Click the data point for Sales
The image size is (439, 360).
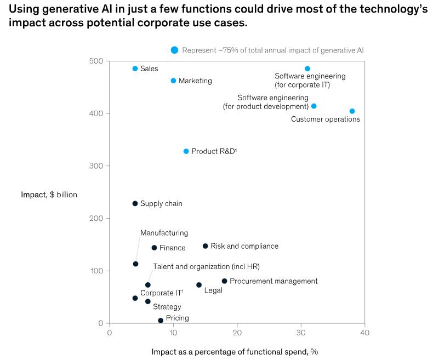coord(135,68)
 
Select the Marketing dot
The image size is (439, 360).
coord(174,81)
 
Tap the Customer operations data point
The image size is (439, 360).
coord(352,111)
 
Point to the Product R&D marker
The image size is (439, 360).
coord(186,151)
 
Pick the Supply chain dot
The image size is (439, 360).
coord(135,203)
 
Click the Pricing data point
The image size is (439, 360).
coord(161,321)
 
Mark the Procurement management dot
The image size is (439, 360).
coord(224,281)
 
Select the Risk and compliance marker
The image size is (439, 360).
coord(206,246)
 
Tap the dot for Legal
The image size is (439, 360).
coord(199,285)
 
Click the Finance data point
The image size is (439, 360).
coord(155,248)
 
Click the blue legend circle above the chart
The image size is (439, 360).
coord(174,50)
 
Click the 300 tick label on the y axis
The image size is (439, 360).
coord(96,166)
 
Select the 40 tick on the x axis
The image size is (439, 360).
coord(364,333)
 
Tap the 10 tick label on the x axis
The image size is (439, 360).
coord(173,333)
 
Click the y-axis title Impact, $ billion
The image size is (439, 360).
coord(49,195)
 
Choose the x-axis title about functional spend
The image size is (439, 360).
coord(235,351)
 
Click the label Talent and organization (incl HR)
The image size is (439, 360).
coord(206,266)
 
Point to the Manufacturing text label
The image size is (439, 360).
coord(164,233)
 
